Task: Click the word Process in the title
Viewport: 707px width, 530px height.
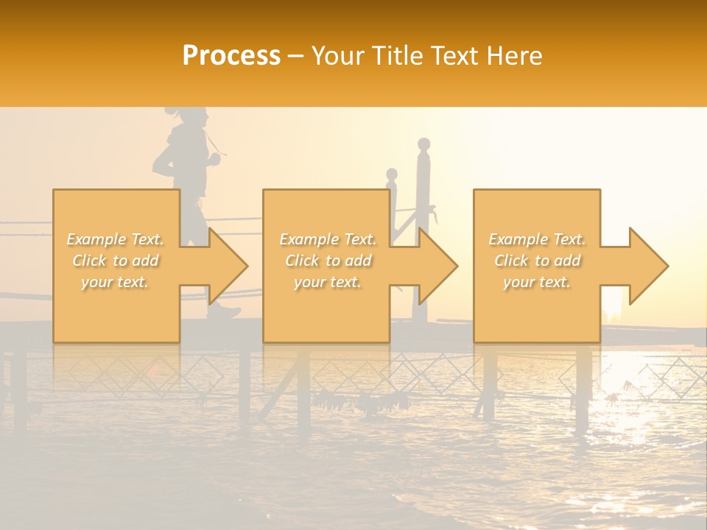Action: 231,55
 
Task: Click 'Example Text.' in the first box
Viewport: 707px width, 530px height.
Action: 116,239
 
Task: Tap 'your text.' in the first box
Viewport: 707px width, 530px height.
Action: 116,282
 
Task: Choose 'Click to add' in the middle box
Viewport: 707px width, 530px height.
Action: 328,261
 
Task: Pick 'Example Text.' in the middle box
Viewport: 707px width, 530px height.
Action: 328,239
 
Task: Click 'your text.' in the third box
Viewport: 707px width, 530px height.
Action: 537,282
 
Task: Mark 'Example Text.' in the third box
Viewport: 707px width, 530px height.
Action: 537,239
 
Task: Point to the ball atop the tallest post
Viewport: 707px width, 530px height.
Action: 423,144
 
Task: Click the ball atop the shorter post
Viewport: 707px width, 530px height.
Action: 392,174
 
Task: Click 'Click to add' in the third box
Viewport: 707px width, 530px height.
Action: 537,261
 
